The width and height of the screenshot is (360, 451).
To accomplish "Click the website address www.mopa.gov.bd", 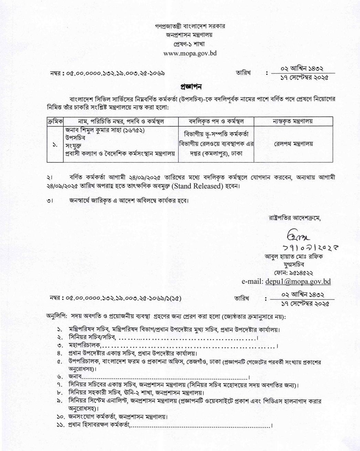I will click(x=190, y=53).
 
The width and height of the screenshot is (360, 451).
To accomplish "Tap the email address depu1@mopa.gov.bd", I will click(x=298, y=281).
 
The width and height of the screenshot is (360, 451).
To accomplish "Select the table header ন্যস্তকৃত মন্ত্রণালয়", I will click(x=293, y=121).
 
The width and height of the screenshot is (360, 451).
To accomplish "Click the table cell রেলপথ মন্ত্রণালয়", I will click(x=293, y=144).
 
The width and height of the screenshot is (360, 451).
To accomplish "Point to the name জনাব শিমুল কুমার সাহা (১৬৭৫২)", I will click(x=105, y=131).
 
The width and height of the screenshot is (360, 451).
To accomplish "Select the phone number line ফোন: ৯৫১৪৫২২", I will click(x=294, y=273).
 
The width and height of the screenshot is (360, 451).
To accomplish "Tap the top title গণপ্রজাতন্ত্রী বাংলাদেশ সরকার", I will click(x=190, y=26).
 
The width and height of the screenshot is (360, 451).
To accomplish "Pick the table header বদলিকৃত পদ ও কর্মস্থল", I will click(x=216, y=121).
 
